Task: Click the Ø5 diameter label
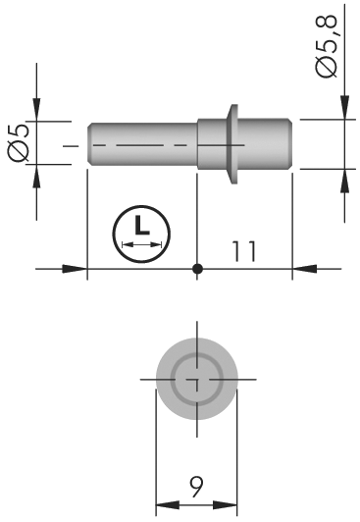point(19,142)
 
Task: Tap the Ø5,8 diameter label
point(326,46)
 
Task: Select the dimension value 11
point(244,251)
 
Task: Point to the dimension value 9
point(196,487)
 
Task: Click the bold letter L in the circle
point(141,225)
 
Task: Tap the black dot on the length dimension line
point(197,268)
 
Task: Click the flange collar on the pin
point(232,144)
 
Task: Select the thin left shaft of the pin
point(143,144)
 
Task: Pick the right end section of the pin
point(266,144)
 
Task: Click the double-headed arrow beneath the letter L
point(141,244)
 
